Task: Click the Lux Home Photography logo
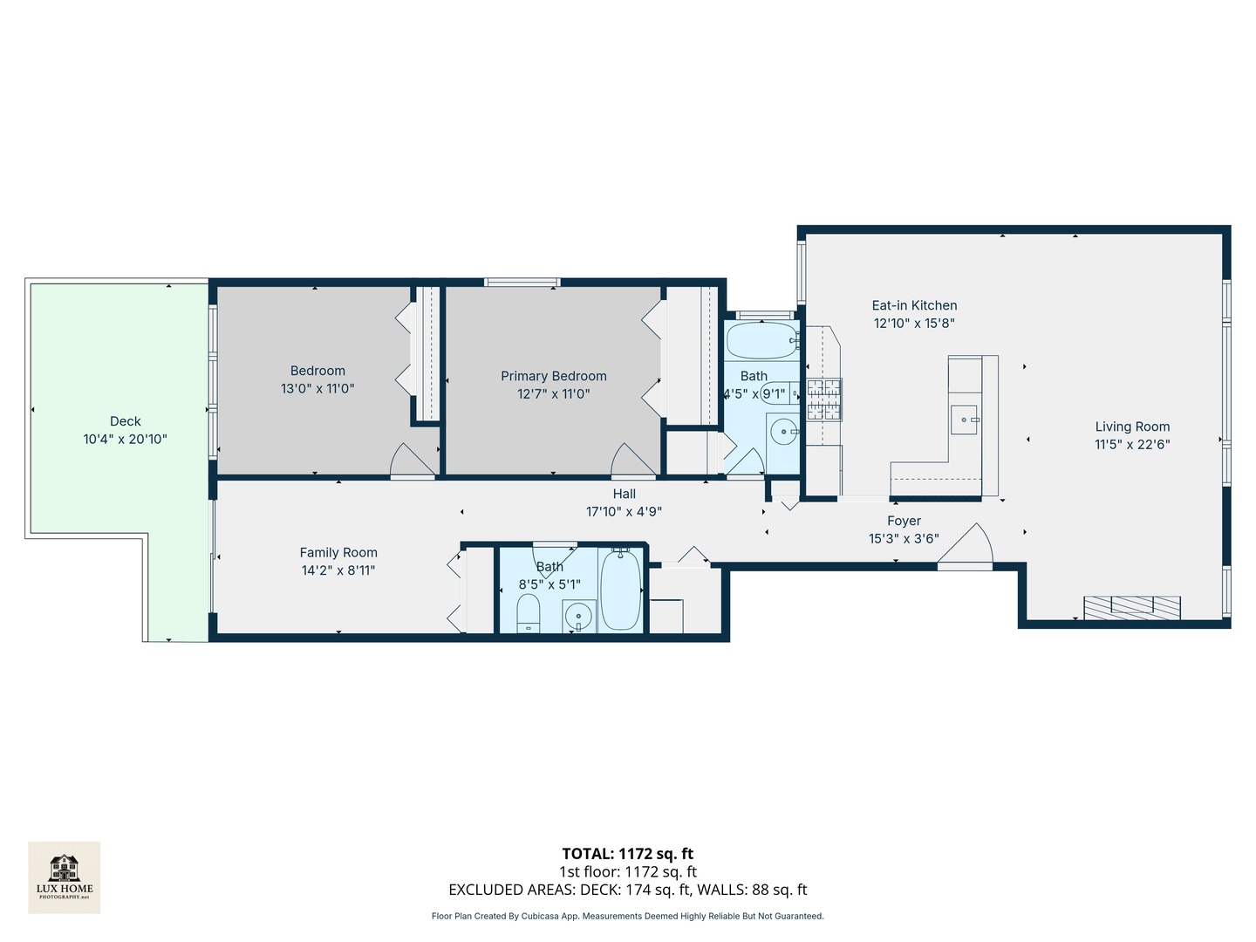point(64,877)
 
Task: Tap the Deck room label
point(126,421)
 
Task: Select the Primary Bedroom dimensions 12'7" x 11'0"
point(553,394)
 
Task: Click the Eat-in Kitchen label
point(914,305)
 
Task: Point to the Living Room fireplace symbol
point(1131,607)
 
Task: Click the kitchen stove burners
point(824,399)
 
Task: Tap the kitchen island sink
point(964,420)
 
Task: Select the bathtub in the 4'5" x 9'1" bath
point(761,341)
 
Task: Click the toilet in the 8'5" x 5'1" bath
point(529,615)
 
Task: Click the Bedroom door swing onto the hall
point(413,461)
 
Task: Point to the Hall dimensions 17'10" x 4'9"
point(624,512)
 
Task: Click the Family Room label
point(338,552)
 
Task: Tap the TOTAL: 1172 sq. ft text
point(627,854)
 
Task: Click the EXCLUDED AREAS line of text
point(627,890)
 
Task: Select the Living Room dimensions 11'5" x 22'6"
point(1132,445)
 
